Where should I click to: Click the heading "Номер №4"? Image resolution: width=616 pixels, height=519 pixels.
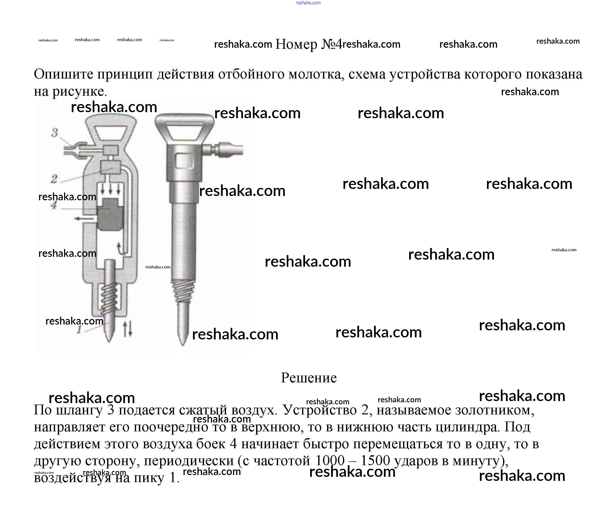308,44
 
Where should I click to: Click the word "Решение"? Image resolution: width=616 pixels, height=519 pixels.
309,378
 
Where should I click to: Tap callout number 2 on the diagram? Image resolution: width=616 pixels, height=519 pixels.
54,179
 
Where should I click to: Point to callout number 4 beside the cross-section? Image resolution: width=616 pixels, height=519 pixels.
54,205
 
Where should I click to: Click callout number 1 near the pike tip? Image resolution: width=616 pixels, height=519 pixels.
79,330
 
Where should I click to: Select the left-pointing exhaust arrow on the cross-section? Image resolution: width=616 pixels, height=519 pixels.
84,219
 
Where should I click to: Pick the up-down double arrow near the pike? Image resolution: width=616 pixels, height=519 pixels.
127,329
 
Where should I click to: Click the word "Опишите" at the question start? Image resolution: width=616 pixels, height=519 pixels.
63,75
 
